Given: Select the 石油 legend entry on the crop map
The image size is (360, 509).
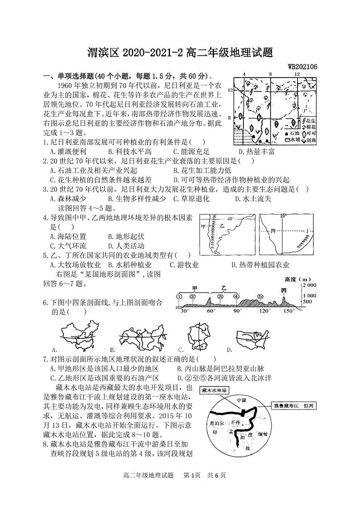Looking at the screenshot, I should point(293,134).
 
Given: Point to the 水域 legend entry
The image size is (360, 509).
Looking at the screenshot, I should point(293,140).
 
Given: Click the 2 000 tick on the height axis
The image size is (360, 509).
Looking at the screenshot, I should point(310,285).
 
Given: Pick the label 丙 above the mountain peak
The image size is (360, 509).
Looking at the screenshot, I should point(284,290).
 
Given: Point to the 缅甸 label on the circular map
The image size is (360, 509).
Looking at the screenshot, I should point(263,434).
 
